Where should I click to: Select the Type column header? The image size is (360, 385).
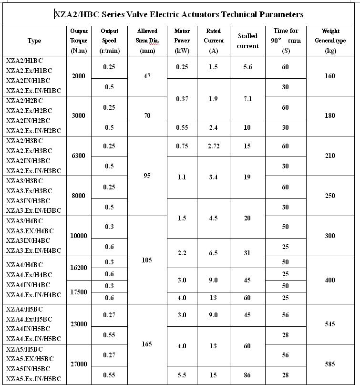click(34, 41)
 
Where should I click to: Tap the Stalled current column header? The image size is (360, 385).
click(247, 41)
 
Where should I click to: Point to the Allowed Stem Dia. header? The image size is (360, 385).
click(147, 41)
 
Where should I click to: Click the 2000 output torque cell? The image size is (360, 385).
click(78, 76)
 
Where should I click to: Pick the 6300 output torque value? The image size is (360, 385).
click(78, 156)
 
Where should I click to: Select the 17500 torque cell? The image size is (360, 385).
click(78, 292)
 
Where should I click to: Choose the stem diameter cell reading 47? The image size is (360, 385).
click(147, 76)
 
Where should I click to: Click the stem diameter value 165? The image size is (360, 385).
click(147, 344)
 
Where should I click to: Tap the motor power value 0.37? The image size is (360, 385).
click(182, 99)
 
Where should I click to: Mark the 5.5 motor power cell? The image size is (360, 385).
click(182, 375)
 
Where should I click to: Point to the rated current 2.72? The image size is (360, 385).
click(214, 146)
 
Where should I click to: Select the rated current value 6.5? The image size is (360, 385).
click(214, 253)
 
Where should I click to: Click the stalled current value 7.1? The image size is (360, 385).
click(247, 99)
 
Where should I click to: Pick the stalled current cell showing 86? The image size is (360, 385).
click(247, 375)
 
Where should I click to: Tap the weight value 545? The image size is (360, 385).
click(330, 324)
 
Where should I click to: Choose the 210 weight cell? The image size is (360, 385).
click(330, 156)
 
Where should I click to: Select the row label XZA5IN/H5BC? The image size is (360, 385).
click(28, 369)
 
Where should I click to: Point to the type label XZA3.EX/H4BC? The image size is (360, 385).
click(30, 231)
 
